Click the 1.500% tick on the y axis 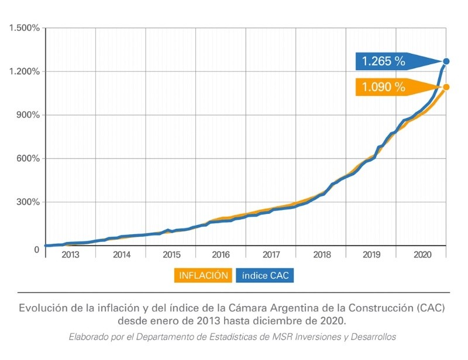(x=23, y=28)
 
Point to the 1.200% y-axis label (x=23, y=71)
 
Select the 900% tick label (x=27, y=115)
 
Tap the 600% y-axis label (x=27, y=159)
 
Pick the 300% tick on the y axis (x=27, y=203)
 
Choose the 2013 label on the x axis (x=70, y=255)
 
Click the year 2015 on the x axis (x=171, y=255)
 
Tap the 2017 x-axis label (x=271, y=255)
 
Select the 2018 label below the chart (x=322, y=255)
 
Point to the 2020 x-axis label (x=422, y=255)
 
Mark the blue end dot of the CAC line (x=446, y=61)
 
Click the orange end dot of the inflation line (x=446, y=87)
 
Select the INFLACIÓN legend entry (x=204, y=275)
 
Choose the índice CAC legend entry (x=265, y=275)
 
